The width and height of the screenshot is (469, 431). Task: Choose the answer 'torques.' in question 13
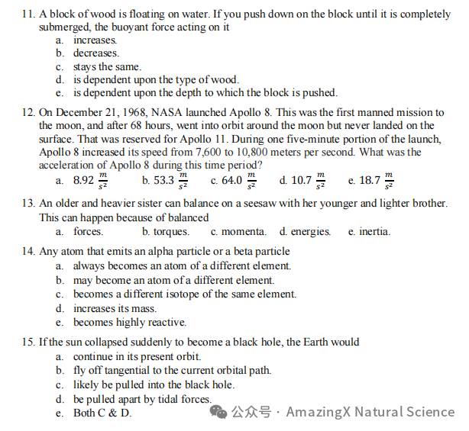click(171, 232)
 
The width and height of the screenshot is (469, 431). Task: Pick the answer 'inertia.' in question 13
click(375, 232)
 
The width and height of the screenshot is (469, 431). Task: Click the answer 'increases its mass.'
click(115, 309)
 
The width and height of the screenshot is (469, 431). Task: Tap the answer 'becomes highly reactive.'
click(130, 323)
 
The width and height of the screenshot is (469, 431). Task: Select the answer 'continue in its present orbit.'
click(137, 357)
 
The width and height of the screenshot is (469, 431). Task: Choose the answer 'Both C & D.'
click(102, 413)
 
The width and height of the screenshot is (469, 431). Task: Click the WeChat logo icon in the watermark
click(219, 412)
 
